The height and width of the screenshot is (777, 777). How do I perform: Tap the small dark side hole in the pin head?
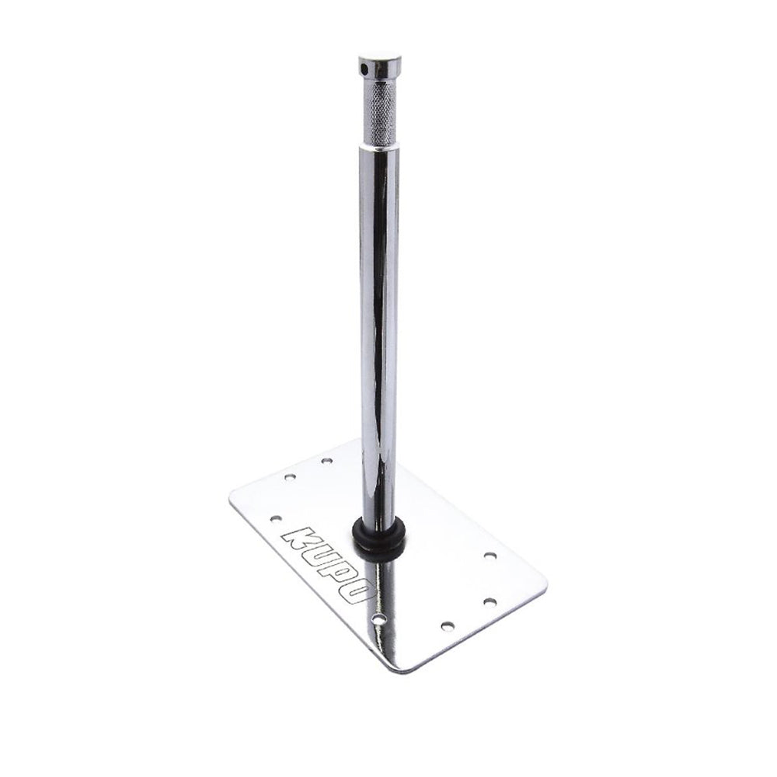pyautogui.click(x=365, y=66)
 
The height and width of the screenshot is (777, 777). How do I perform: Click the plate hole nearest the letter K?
pyautogui.click(x=276, y=518)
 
